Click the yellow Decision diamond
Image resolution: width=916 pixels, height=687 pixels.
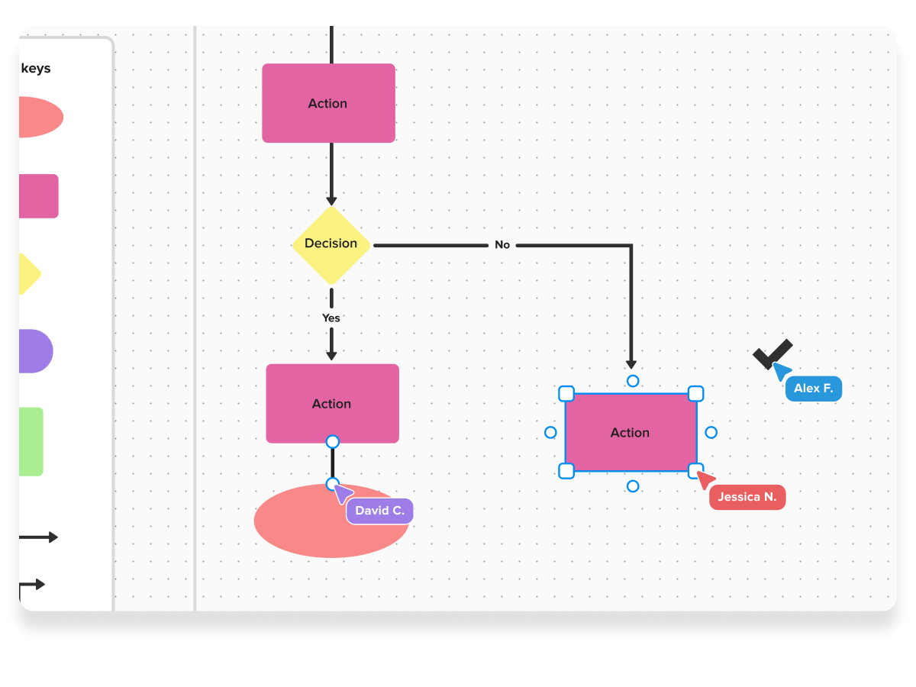(x=331, y=245)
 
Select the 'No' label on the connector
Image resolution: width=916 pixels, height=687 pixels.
(x=502, y=245)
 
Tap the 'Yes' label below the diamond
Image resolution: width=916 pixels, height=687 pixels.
(x=331, y=318)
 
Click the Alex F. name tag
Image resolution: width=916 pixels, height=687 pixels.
(x=813, y=389)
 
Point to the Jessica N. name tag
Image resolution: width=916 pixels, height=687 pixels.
(x=747, y=497)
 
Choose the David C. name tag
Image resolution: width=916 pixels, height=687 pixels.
(x=379, y=511)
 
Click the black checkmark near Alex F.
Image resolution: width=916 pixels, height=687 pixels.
(x=772, y=353)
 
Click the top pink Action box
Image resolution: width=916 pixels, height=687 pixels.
(x=328, y=103)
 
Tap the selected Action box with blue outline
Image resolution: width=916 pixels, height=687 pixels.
(x=631, y=433)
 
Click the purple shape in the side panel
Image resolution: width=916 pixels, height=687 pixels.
(x=34, y=351)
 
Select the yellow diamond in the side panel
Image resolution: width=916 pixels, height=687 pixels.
(x=28, y=274)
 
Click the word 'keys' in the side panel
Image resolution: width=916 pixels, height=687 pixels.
(x=36, y=69)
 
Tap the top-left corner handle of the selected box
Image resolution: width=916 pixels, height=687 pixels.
(x=566, y=394)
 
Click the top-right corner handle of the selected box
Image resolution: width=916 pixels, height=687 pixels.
(x=696, y=394)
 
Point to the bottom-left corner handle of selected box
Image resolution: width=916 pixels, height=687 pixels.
(x=566, y=471)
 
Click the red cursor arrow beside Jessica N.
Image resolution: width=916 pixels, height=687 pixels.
(x=706, y=479)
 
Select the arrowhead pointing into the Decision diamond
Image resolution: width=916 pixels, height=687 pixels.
(x=331, y=201)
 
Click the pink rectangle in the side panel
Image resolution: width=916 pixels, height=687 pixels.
(x=38, y=196)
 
